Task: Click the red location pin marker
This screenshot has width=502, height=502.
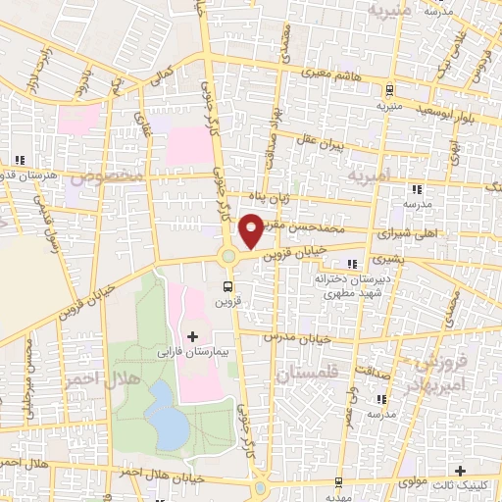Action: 250,230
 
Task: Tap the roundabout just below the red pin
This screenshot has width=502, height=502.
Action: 228,257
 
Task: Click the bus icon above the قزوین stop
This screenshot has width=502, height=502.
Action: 228,287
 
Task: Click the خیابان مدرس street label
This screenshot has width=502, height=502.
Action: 298,335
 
